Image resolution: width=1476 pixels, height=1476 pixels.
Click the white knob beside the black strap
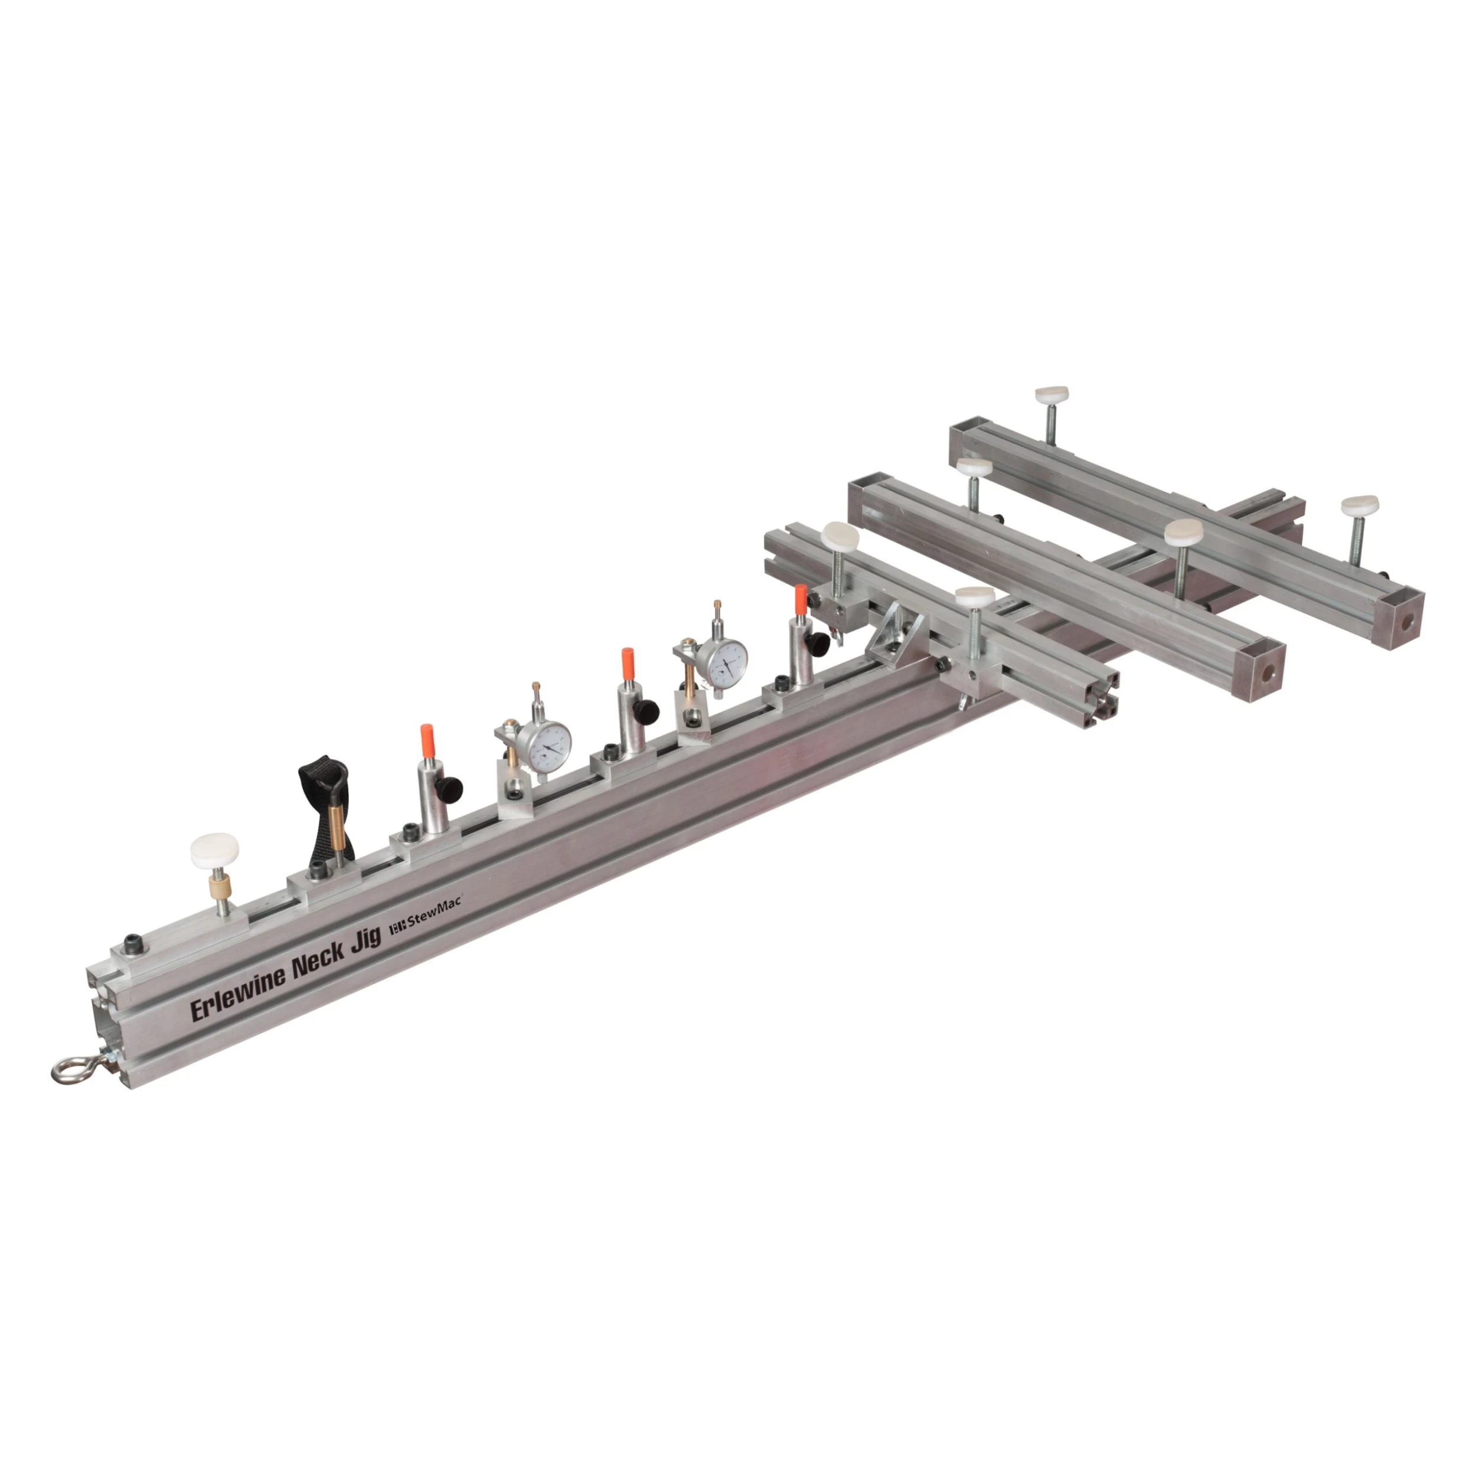click(x=215, y=849)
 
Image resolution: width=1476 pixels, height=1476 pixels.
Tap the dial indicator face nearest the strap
click(x=546, y=746)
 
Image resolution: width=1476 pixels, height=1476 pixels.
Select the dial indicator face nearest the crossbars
click(x=723, y=662)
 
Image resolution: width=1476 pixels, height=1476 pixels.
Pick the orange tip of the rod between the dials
click(x=627, y=663)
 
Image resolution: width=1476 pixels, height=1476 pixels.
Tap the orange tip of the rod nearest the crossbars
click(x=800, y=600)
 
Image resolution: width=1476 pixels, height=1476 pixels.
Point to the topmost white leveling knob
click(x=1052, y=395)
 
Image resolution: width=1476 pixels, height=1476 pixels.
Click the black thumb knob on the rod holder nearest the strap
click(x=450, y=785)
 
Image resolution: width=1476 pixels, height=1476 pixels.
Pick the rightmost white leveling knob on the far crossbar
click(x=1360, y=506)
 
